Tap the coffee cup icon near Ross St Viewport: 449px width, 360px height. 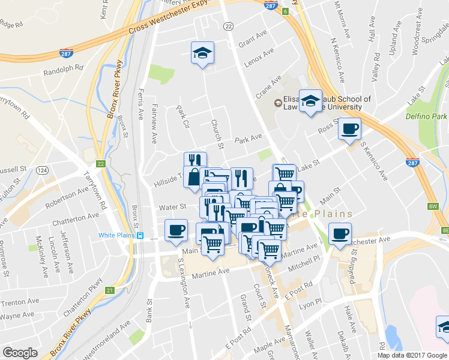click(349, 129)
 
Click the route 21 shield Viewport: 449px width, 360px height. click(109, 290)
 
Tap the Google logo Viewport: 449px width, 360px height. click(20, 353)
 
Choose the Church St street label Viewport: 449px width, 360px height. click(217, 134)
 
